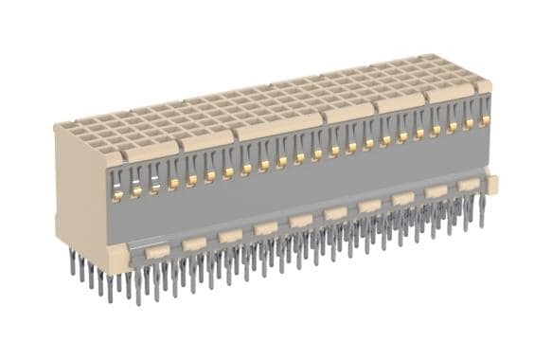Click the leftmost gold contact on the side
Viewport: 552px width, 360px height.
(118, 195)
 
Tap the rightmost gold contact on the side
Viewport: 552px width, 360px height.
(485, 120)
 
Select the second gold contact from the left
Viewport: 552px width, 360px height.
(136, 190)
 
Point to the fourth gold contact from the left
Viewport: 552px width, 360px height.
(173, 184)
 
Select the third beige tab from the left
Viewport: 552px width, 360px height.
(230, 236)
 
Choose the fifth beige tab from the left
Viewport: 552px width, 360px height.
(301, 221)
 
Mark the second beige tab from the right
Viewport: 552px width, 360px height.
(436, 191)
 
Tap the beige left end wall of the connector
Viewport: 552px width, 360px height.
(81, 189)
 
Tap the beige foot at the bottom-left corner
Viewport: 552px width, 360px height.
(116, 259)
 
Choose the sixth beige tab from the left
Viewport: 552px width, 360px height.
(335, 213)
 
